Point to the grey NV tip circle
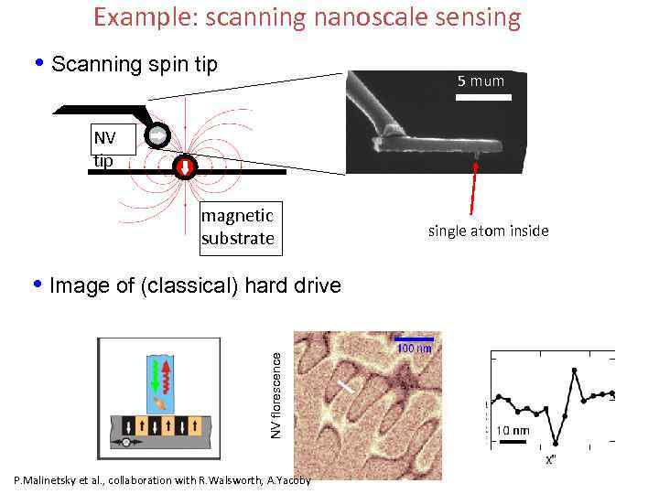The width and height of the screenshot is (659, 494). tap(157, 134)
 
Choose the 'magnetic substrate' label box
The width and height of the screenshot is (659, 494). tap(237, 227)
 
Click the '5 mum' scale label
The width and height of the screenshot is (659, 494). tap(481, 81)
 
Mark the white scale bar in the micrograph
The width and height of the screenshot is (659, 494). tap(482, 95)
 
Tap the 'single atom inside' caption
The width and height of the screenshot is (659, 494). tap(488, 231)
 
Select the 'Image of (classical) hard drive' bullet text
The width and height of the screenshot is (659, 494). tap(195, 285)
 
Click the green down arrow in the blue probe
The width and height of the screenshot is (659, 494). tap(155, 376)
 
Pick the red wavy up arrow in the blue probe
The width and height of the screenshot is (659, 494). tap(167, 376)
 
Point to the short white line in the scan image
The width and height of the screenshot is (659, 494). tap(346, 387)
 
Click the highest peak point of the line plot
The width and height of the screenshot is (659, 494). tap(574, 370)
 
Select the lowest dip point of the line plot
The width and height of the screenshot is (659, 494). tap(555, 441)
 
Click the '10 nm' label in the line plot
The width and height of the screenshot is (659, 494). tap(513, 431)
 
